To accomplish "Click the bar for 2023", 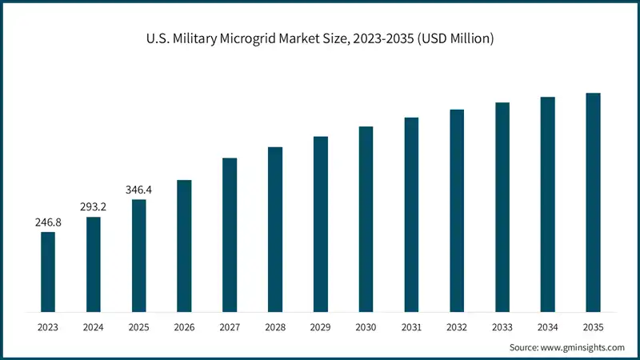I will coord(48,271).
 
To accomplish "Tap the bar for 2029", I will coord(321,223).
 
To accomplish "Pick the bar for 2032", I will coord(457,210).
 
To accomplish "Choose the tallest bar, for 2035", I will coord(593,202).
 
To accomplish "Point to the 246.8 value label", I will coord(48,222).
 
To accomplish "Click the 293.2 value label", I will coord(94,207).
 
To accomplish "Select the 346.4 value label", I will coord(139,190).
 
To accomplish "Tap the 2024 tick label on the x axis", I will coord(94,327).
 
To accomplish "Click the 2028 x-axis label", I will coord(275,327).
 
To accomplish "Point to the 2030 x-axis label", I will coord(366,327).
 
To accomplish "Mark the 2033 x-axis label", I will coord(502,327).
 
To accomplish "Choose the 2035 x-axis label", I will coord(593,327).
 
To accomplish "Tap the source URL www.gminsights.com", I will coord(584,348).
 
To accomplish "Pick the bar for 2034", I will coord(547,204).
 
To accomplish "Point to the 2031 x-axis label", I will coord(411,327).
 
